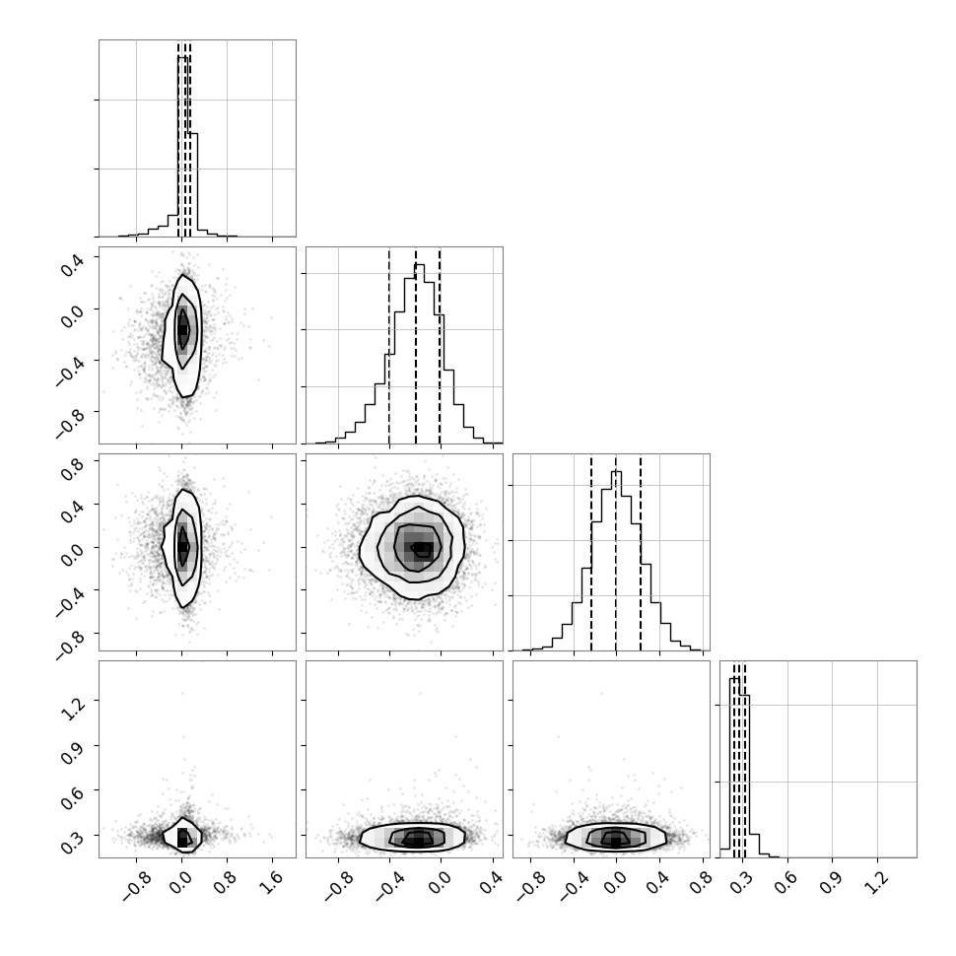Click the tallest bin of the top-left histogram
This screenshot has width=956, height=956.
(182, 146)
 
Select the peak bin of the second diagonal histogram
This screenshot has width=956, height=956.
(420, 354)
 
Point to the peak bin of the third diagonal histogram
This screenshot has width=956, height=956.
(616, 561)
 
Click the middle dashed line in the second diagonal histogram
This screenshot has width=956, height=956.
(416, 346)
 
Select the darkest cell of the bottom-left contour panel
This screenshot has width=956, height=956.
(182, 839)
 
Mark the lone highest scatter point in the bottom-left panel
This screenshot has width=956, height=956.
(182, 693)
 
